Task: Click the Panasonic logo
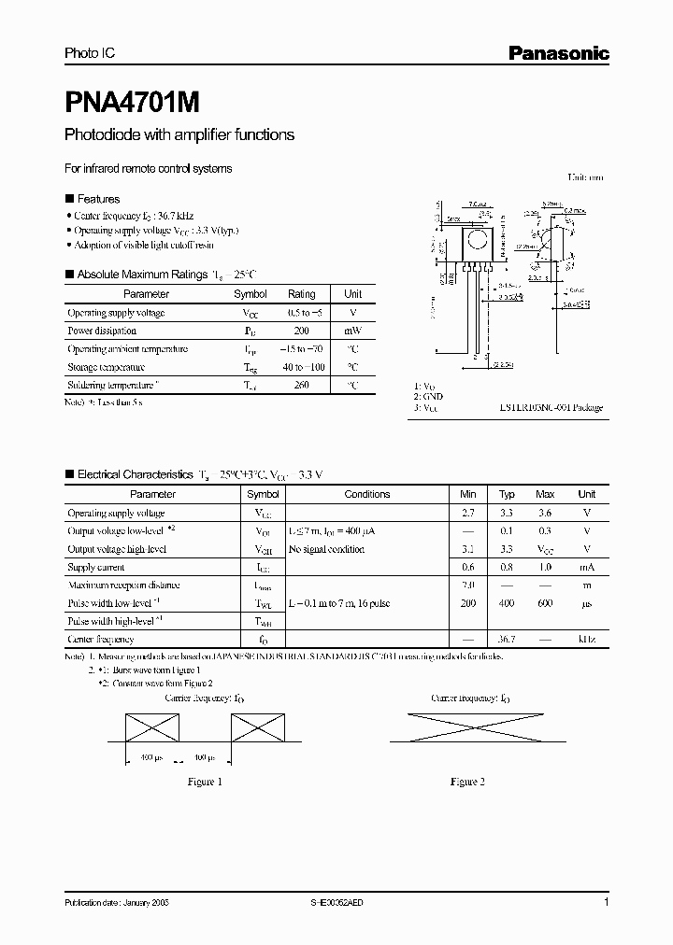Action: [558, 53]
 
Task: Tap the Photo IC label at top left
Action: [86, 54]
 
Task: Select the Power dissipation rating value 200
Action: [301, 331]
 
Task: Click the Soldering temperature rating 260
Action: [301, 385]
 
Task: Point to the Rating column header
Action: [301, 293]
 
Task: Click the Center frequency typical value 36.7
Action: [507, 640]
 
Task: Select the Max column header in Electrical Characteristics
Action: [545, 494]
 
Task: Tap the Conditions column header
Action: [367, 494]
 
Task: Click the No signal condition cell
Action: [326, 549]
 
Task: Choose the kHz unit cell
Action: [586, 640]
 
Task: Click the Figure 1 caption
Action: [205, 782]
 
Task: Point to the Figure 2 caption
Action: [467, 782]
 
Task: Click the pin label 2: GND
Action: [430, 397]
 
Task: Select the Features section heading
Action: [98, 199]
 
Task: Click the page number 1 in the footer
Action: [607, 903]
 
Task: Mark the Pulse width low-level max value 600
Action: [545, 603]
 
